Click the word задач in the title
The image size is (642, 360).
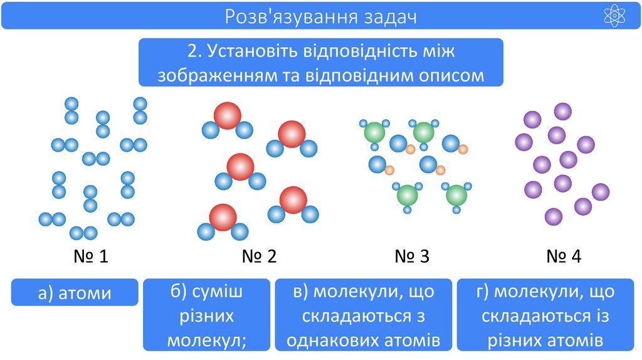pyautogui.click(x=391, y=16)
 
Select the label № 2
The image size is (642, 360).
pyautogui.click(x=259, y=256)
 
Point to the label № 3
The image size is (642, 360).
pyautogui.click(x=412, y=256)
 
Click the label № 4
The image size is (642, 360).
pyautogui.click(x=564, y=256)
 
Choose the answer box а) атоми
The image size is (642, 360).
pyautogui.click(x=75, y=292)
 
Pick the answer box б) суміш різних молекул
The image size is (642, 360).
pyautogui.click(x=206, y=315)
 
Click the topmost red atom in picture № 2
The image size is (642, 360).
pyautogui.click(x=227, y=116)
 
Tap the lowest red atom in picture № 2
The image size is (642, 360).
pyautogui.click(x=223, y=217)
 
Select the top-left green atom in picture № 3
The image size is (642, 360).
pyautogui.click(x=375, y=132)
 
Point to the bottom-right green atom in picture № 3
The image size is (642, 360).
pyautogui.click(x=457, y=194)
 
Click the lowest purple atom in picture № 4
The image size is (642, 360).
pyautogui.click(x=554, y=217)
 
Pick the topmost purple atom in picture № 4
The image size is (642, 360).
pyautogui.click(x=562, y=112)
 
